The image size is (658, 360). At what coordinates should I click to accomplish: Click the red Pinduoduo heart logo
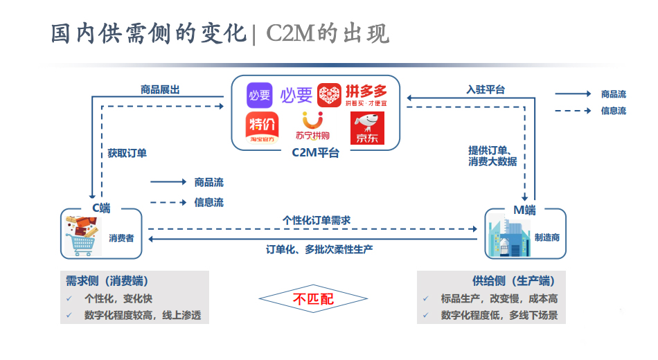[x=330, y=95]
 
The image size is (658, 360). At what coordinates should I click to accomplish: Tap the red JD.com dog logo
[x=368, y=128]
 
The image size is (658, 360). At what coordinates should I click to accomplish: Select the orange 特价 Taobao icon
[x=260, y=128]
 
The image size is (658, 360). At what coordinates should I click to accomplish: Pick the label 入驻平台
[x=486, y=89]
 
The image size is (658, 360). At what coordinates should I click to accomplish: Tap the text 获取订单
[x=127, y=153]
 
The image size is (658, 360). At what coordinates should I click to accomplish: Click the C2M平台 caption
[x=316, y=153]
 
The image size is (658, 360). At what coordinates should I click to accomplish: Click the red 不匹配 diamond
[x=312, y=299]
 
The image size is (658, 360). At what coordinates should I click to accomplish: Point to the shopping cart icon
[x=82, y=235]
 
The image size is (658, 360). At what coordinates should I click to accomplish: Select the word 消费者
[x=121, y=237]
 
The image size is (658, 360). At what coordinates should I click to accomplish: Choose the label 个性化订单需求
[x=317, y=220]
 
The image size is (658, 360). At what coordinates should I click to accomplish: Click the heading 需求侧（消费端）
[x=107, y=281]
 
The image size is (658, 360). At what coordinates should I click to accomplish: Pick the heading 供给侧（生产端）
[x=513, y=281]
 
